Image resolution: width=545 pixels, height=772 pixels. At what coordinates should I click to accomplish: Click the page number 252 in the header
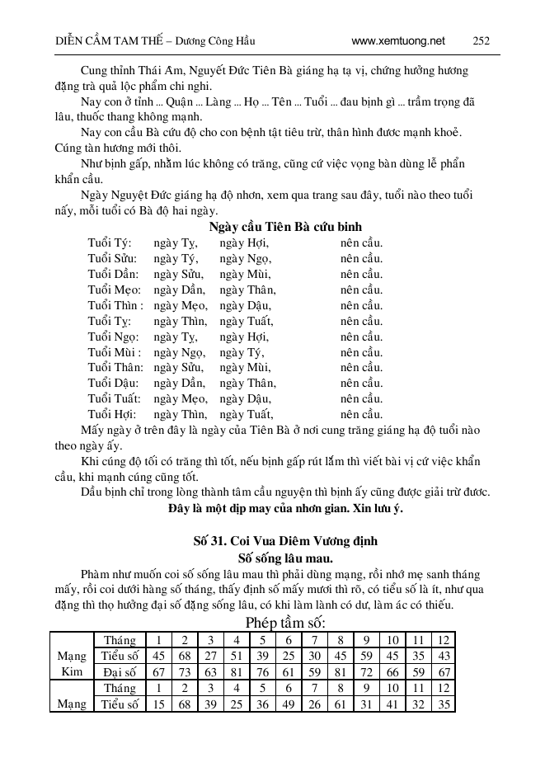pos(482,40)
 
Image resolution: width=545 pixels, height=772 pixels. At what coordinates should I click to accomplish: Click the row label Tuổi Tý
pos(109,243)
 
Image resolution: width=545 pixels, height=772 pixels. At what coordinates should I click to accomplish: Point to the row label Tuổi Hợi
pos(111,414)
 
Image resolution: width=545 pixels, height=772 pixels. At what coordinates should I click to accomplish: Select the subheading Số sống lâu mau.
pos(272,558)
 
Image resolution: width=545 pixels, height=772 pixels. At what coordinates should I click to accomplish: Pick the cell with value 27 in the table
pos(210,656)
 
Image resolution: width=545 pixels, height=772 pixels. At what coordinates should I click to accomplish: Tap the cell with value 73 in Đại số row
pos(185,671)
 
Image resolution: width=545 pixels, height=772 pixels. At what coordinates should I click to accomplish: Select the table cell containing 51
pos(236,656)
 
